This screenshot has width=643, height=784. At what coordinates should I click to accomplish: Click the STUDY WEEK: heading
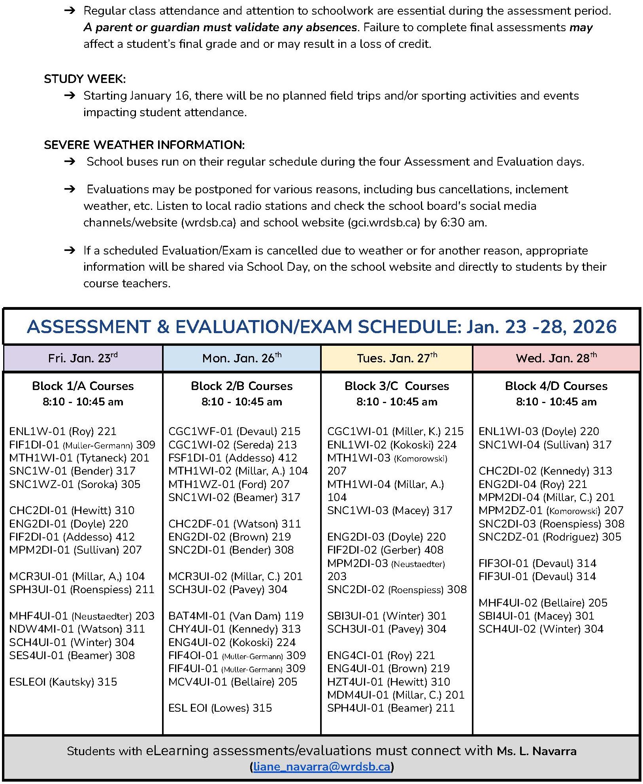pyautogui.click(x=85, y=79)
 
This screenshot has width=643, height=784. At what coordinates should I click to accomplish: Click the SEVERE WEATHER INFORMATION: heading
pyautogui.click(x=144, y=145)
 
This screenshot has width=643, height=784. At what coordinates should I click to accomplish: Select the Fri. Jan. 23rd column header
pyautogui.click(x=83, y=358)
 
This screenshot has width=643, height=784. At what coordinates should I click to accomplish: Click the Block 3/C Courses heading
pyautogui.click(x=396, y=386)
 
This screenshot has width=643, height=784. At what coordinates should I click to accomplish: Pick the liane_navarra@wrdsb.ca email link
pyautogui.click(x=322, y=767)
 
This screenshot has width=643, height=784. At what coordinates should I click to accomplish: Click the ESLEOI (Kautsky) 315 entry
pyautogui.click(x=63, y=682)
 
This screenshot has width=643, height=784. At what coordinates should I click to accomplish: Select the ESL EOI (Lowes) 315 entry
pyautogui.click(x=220, y=708)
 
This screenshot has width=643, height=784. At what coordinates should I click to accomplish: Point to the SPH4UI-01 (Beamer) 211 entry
pyautogui.click(x=390, y=708)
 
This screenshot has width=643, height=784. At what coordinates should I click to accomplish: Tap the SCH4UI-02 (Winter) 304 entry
pyautogui.click(x=541, y=629)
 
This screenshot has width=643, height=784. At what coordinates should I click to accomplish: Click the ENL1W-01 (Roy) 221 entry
pyautogui.click(x=63, y=431)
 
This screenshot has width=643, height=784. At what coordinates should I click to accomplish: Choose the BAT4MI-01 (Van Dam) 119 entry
pyautogui.click(x=236, y=616)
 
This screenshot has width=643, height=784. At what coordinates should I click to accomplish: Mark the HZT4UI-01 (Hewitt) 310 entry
pyautogui.click(x=388, y=682)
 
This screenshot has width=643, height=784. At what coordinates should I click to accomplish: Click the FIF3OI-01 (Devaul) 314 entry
pyautogui.click(x=537, y=563)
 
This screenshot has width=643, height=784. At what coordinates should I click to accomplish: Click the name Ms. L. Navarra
pyautogui.click(x=536, y=751)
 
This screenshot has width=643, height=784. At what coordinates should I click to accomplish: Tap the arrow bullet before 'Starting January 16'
pyautogui.click(x=70, y=96)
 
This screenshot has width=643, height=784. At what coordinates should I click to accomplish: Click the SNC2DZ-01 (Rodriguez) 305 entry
pyautogui.click(x=550, y=537)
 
